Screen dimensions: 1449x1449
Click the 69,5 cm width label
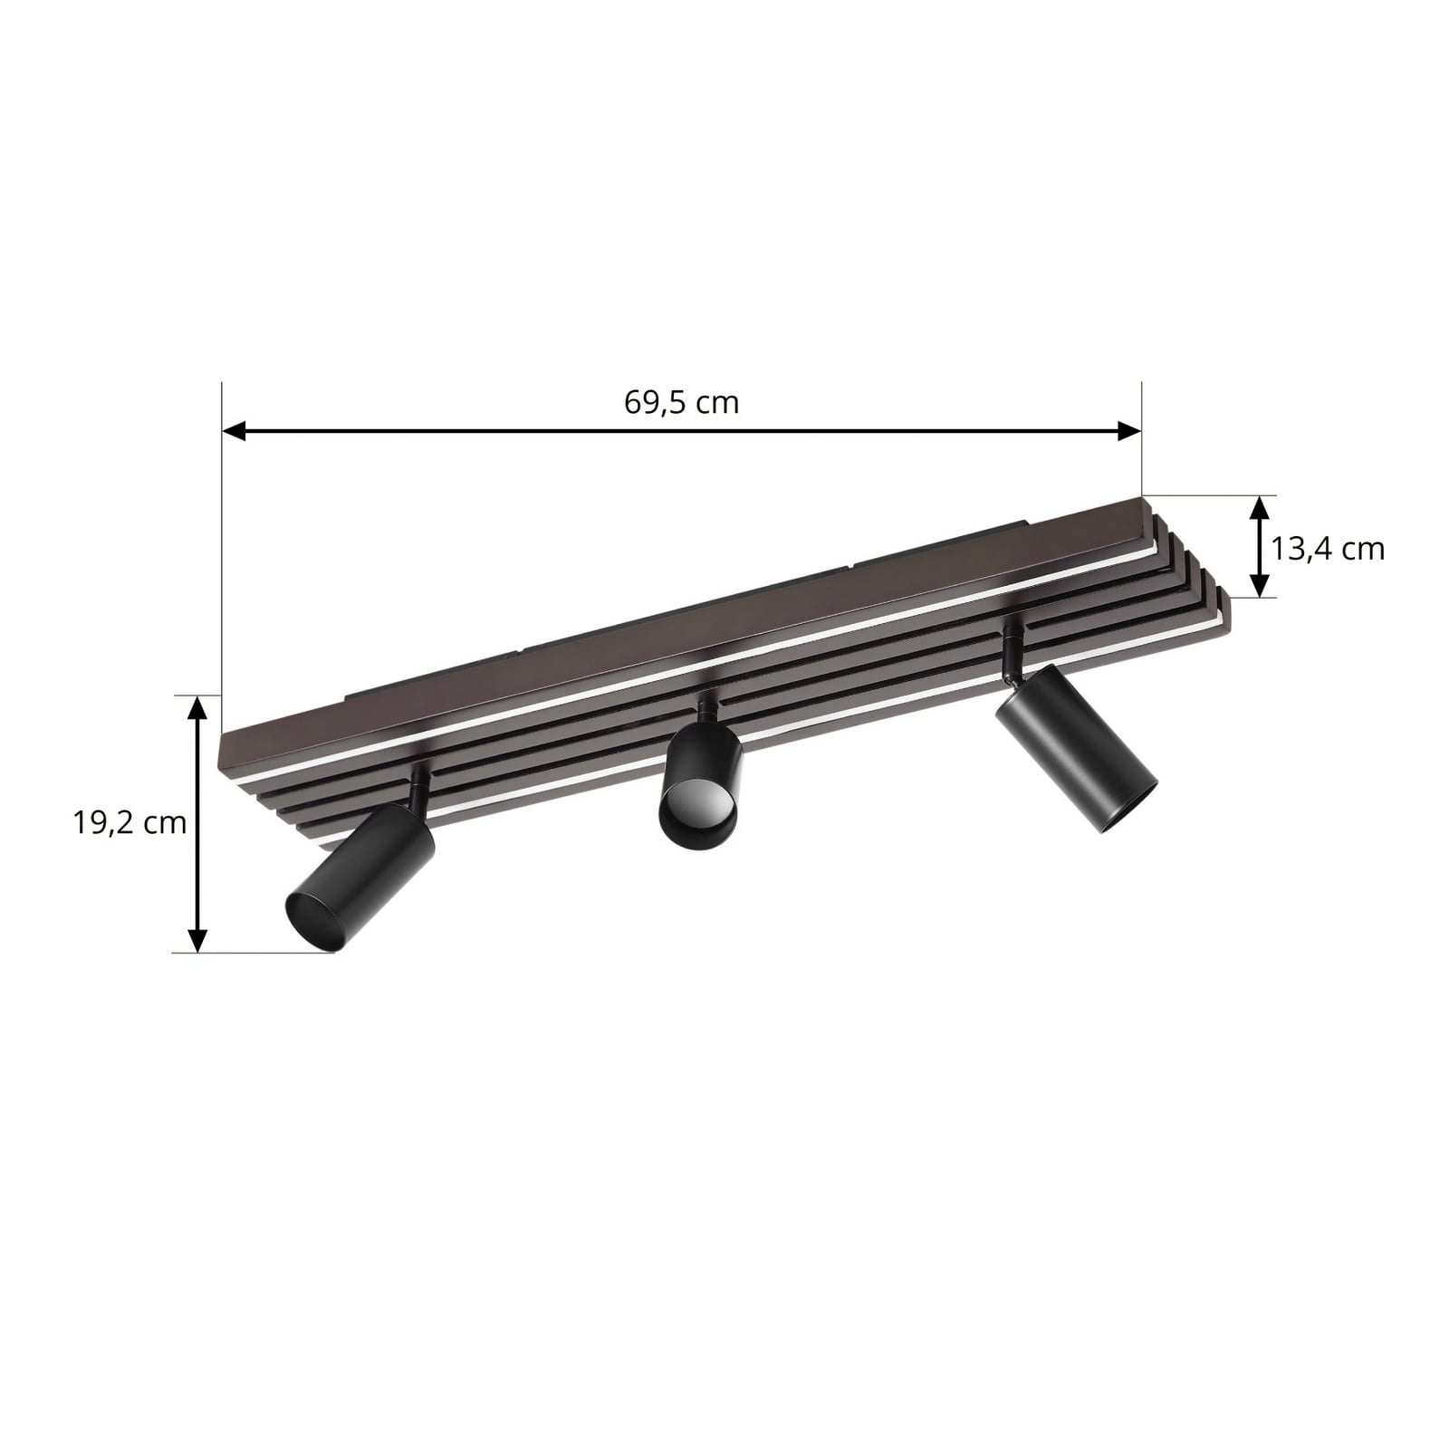[681, 402]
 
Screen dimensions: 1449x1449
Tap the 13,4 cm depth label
[1328, 549]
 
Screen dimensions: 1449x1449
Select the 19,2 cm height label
[130, 822]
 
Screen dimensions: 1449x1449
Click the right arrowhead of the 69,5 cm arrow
[1129, 431]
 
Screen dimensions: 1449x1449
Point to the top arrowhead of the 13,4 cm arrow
[1258, 508]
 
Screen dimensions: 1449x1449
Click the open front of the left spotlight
[311, 921]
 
